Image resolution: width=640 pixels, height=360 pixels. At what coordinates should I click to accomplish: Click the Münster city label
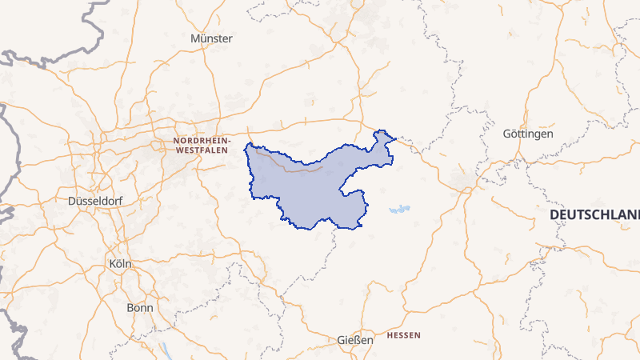tap(212, 38)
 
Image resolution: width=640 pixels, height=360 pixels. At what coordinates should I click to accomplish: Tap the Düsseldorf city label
tap(95, 200)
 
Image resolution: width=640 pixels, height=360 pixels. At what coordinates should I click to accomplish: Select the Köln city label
tap(119, 263)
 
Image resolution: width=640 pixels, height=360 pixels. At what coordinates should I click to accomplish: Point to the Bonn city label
tap(140, 307)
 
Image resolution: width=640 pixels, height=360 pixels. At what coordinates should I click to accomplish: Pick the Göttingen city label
tap(527, 134)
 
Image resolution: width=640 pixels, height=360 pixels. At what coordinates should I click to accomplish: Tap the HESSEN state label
tap(403, 334)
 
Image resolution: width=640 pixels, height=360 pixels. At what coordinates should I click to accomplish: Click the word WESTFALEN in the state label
tap(202, 149)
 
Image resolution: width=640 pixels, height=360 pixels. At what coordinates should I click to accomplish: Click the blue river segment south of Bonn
tap(166, 350)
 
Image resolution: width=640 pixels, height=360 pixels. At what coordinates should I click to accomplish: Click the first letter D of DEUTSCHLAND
tap(554, 216)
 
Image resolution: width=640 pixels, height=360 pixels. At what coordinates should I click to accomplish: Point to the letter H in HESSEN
tap(390, 334)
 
